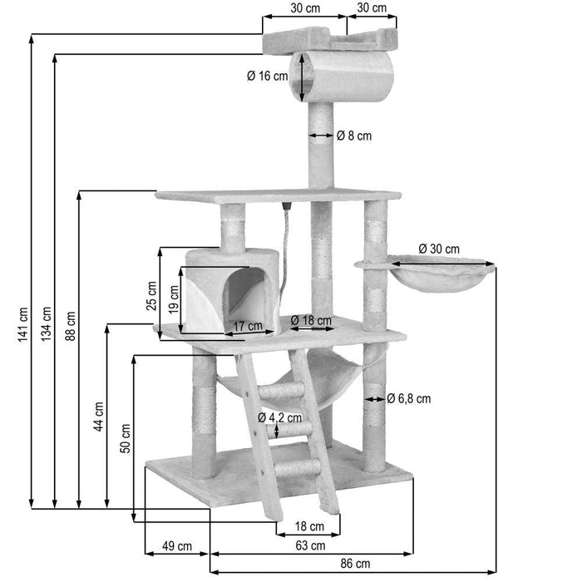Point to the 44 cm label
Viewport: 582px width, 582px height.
(99, 416)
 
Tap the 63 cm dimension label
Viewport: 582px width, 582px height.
(311, 545)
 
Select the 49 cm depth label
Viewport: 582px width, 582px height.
(176, 545)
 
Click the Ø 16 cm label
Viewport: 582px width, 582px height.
(267, 76)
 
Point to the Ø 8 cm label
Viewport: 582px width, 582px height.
(354, 136)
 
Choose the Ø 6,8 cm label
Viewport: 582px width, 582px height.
(409, 398)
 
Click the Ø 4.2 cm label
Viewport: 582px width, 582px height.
(279, 417)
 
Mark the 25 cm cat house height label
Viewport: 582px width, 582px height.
(151, 293)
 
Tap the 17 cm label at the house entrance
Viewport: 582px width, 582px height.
(247, 325)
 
